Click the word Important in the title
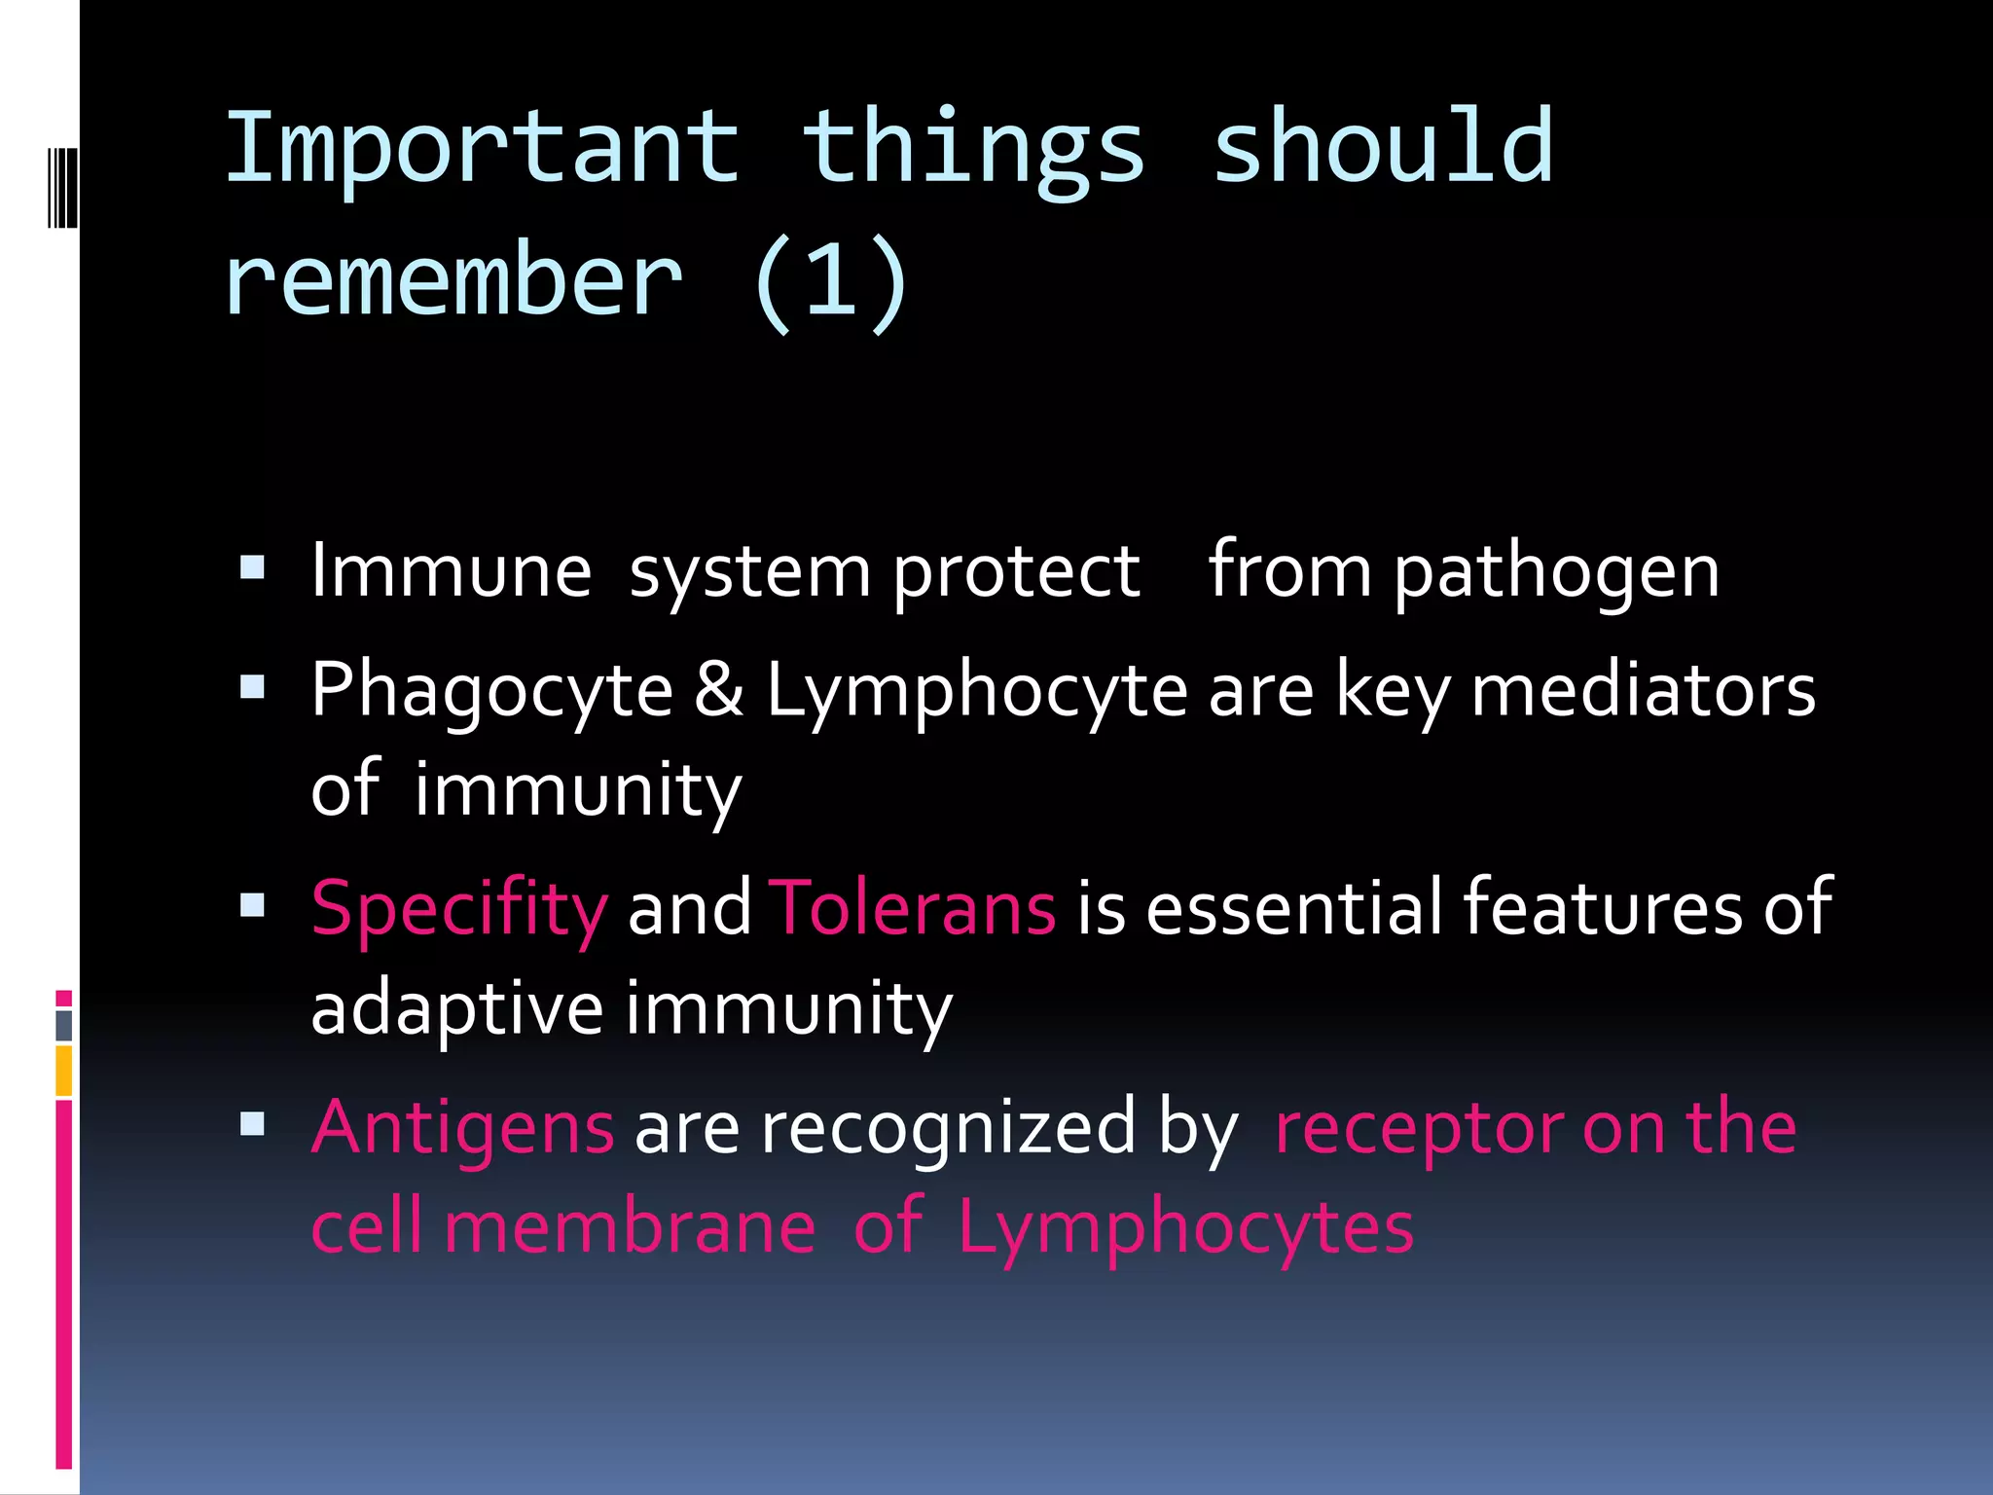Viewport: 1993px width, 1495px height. tap(482, 148)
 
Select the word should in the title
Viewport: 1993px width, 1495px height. tap(1382, 148)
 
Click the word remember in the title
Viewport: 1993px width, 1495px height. tap(453, 282)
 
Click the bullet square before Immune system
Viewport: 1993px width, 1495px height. tap(252, 567)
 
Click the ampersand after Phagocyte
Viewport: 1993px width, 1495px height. tap(719, 689)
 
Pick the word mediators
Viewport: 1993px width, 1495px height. tap(1643, 689)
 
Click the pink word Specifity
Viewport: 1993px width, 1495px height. tap(459, 909)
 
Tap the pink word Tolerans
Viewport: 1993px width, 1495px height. tap(912, 907)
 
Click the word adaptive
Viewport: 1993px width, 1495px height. tap(456, 1008)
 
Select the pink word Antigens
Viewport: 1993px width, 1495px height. tap(462, 1128)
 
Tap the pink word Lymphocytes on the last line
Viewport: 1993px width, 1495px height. tap(1184, 1228)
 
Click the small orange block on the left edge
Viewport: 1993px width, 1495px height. tap(64, 1071)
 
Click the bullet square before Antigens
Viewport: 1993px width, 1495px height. tap(252, 1124)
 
